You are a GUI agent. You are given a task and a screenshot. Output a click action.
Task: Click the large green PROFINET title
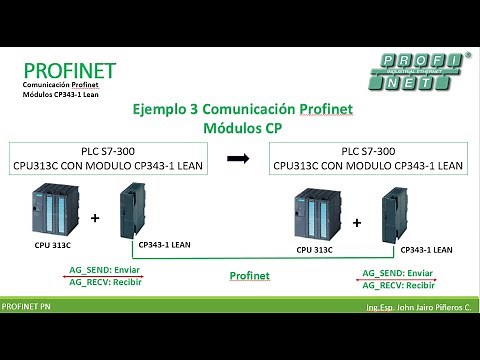70,71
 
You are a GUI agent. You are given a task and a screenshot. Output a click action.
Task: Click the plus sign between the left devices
95,217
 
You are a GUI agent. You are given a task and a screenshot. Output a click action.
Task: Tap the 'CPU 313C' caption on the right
317,249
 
